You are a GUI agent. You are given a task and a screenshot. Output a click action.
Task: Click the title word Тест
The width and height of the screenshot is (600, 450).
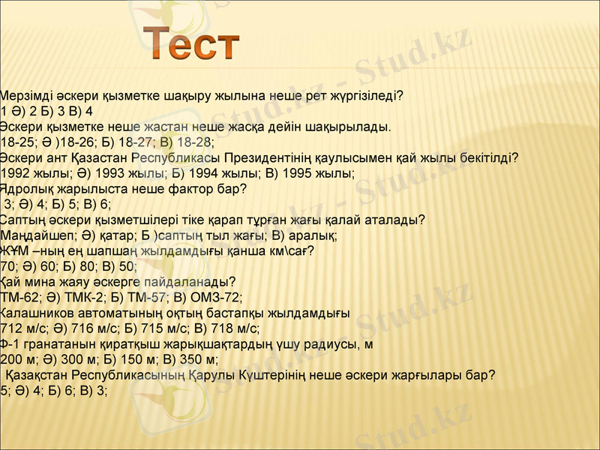(192, 43)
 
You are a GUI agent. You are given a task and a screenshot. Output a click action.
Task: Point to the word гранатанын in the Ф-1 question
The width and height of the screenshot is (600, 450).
(58, 343)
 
